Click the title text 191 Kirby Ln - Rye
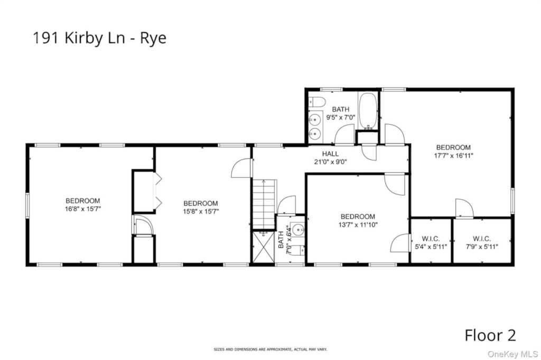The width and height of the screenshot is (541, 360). pyautogui.click(x=99, y=39)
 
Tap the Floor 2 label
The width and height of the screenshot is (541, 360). pyautogui.click(x=490, y=335)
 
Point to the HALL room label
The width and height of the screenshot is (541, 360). pyautogui.click(x=330, y=154)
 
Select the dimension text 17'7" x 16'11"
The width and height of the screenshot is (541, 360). pyautogui.click(x=453, y=156)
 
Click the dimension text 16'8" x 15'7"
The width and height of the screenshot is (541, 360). pyautogui.click(x=82, y=209)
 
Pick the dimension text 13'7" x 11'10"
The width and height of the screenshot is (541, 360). pyautogui.click(x=358, y=225)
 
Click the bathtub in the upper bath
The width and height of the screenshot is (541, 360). pyautogui.click(x=368, y=111)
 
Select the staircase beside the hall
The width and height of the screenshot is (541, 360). pyautogui.click(x=264, y=203)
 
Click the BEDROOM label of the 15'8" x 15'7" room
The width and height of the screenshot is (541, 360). pyautogui.click(x=201, y=203)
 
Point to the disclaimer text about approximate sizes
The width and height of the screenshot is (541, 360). pyautogui.click(x=270, y=349)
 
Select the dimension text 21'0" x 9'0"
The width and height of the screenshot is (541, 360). pyautogui.click(x=330, y=162)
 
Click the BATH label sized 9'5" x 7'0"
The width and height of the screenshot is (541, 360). pyautogui.click(x=341, y=109)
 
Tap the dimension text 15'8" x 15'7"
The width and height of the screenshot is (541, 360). pyautogui.click(x=201, y=211)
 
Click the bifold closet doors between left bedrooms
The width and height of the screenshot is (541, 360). pyautogui.click(x=156, y=191)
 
